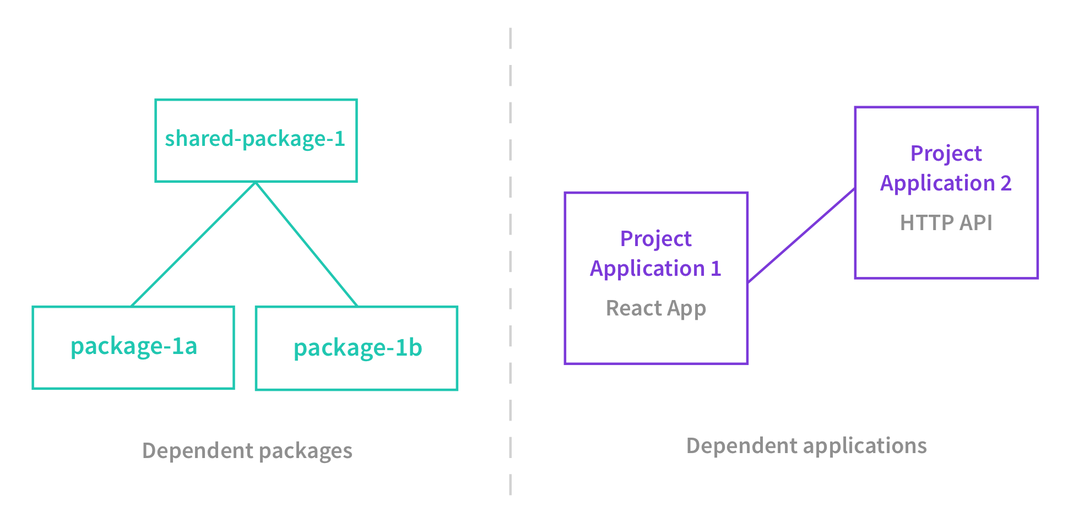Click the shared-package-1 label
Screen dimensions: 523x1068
point(255,139)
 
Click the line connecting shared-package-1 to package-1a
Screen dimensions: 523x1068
point(193,244)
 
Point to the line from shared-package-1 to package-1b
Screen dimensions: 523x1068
point(307,244)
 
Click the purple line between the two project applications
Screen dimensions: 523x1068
point(801,236)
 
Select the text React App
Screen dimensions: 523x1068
point(655,308)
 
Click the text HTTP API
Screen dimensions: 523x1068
point(946,223)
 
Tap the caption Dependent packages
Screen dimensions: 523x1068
point(247,451)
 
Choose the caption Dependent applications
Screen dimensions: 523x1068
point(806,446)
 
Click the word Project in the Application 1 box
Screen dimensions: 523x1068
point(655,239)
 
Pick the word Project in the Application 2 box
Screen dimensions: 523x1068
point(946,154)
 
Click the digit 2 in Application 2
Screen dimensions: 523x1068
point(1006,183)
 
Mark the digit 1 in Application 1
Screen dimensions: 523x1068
point(715,269)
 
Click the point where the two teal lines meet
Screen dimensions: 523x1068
point(256,183)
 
